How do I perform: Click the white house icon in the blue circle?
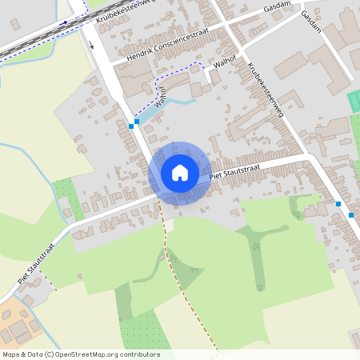click(180, 173)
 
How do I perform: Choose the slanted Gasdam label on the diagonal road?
click(311, 22)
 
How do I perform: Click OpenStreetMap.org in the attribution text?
click(93, 354)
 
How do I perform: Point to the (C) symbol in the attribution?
click(50, 354)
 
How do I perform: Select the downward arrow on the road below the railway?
click(91, 44)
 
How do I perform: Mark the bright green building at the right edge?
click(354, 102)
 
